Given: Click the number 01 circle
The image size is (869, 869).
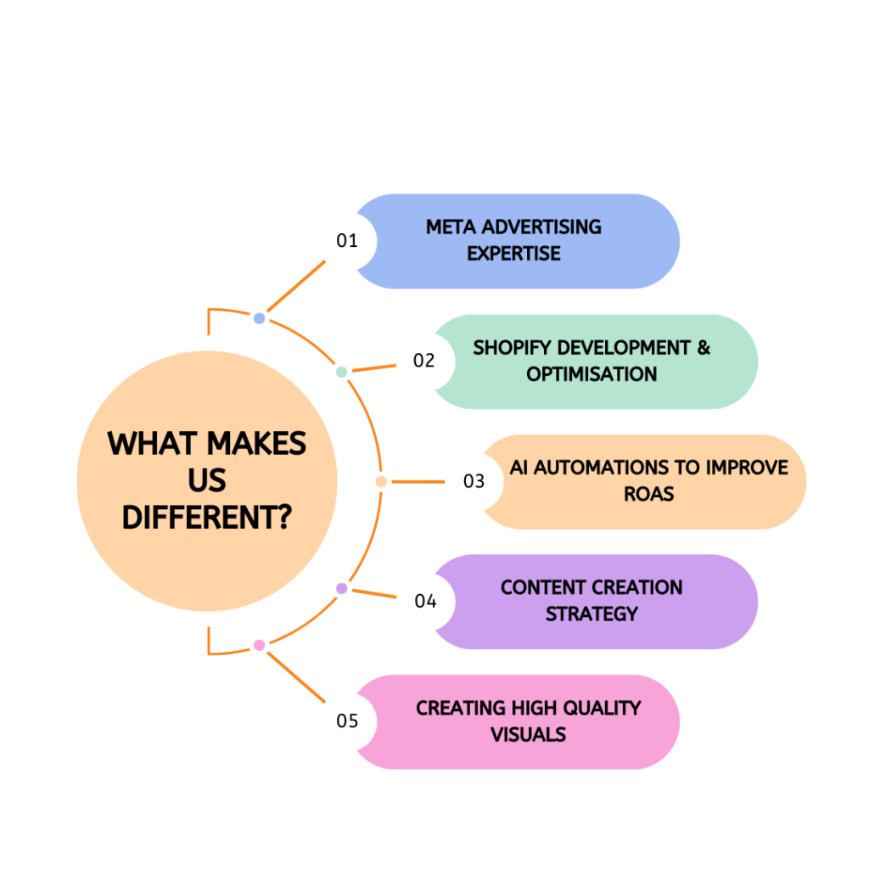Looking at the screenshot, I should tap(347, 241).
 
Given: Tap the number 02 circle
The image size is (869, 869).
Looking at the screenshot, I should tap(424, 361).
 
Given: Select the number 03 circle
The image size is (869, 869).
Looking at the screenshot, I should tap(474, 481).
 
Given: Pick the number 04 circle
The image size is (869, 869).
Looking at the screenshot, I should tap(425, 602).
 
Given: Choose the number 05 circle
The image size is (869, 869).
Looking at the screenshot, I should tap(347, 721).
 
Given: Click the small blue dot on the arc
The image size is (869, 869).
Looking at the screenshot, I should tap(260, 318).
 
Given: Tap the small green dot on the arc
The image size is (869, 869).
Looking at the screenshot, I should tap(341, 372).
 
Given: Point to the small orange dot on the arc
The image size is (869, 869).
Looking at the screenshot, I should tap(381, 482).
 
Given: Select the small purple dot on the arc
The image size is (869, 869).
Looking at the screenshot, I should tap(341, 588).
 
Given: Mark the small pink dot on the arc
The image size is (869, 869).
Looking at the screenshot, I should tap(260, 645).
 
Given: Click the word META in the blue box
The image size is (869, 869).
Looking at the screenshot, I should tap(451, 227).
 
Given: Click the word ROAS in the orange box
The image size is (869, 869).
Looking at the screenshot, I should tap(649, 494).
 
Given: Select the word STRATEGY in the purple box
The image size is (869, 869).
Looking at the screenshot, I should tap(591, 614).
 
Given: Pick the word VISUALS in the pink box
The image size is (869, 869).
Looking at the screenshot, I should tap(528, 734).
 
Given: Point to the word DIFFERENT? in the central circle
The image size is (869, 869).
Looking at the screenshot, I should tap(206, 515).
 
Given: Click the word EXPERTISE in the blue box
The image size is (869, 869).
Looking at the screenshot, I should tap(513, 254).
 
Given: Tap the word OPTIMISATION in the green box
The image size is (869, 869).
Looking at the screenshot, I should tap(591, 374).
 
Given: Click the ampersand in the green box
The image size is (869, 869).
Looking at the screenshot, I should tap(704, 348).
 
